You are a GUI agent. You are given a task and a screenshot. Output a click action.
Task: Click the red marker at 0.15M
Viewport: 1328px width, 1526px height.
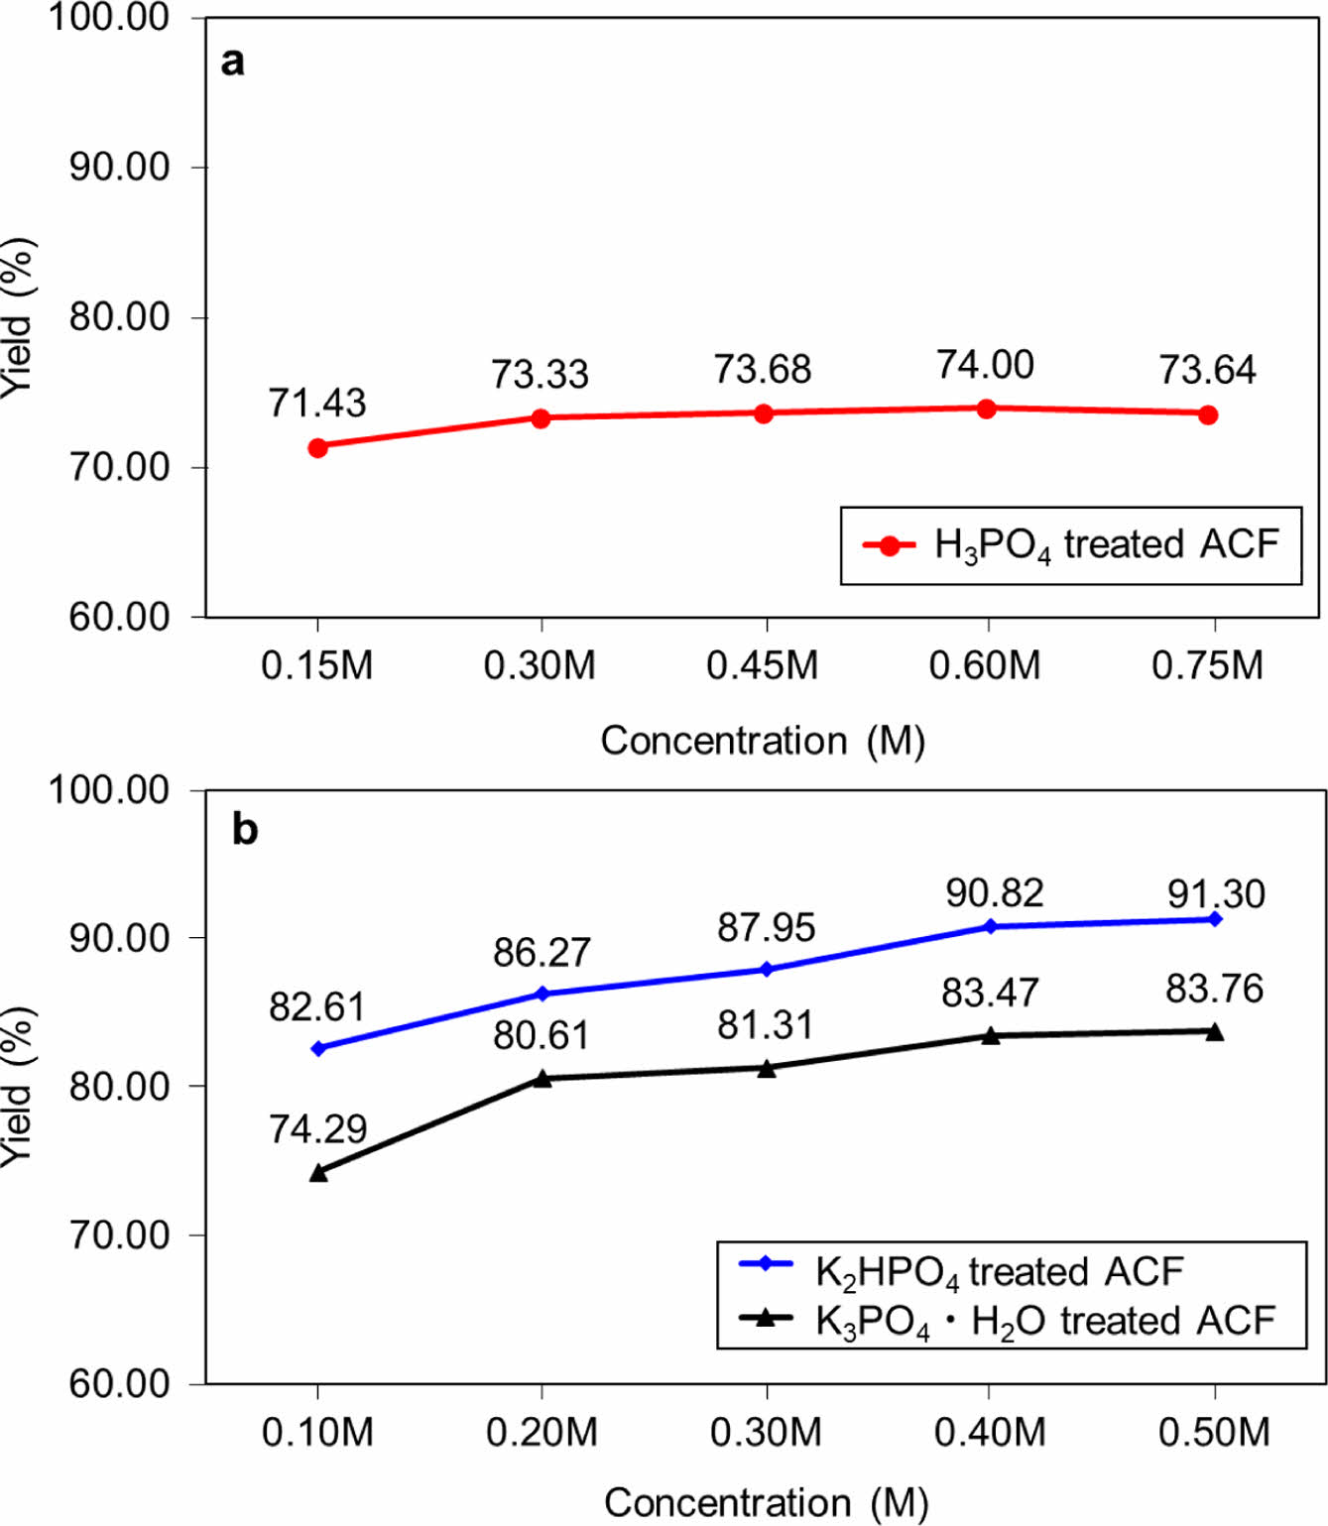317,448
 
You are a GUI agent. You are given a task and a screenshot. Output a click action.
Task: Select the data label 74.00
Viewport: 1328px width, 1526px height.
985,365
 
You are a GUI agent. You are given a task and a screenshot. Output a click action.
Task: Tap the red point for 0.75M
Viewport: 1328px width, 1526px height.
1207,414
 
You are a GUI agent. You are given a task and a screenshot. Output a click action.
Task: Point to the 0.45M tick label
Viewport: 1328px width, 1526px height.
762,665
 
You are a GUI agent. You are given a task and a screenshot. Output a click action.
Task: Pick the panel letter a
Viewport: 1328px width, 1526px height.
232,61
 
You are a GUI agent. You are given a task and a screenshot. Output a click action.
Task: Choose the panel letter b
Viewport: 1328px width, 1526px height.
244,829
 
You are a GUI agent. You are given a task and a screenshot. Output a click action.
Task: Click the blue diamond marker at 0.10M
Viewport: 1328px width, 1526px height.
318,1048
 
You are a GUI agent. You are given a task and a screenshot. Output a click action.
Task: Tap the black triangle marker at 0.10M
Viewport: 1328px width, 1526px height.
318,1172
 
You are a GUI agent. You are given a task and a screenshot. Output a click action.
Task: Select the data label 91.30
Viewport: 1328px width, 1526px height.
1215,893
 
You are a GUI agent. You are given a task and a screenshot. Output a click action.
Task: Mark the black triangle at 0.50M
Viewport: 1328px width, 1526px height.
1215,1032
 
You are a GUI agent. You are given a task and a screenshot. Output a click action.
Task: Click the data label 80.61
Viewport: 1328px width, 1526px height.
541,1035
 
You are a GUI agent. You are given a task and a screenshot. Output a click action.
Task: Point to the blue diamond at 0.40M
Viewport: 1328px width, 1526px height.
990,926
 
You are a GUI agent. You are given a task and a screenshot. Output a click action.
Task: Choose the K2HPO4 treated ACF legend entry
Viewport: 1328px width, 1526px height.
999,1271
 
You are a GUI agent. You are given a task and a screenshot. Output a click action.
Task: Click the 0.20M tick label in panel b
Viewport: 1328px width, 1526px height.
542,1433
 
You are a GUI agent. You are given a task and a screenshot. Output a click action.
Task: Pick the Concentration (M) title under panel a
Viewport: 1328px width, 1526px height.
762,741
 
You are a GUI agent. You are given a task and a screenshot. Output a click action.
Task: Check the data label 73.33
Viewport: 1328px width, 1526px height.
540,375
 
